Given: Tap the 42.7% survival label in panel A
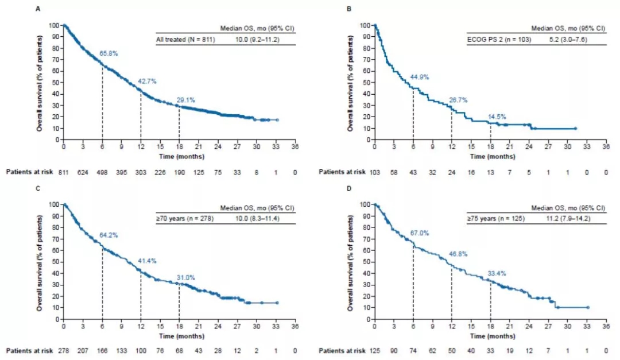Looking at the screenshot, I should point(148,80).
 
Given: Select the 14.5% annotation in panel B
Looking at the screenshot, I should point(497,117).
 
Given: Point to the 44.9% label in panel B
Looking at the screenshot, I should point(420,76).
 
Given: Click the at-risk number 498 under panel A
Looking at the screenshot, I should point(102,171).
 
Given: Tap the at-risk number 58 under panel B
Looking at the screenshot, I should point(394,171).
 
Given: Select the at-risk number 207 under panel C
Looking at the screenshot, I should point(83,350).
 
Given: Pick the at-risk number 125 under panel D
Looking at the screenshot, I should point(374,350).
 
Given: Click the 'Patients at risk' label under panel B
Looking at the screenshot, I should point(341,171).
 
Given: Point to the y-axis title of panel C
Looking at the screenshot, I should point(40,262).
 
